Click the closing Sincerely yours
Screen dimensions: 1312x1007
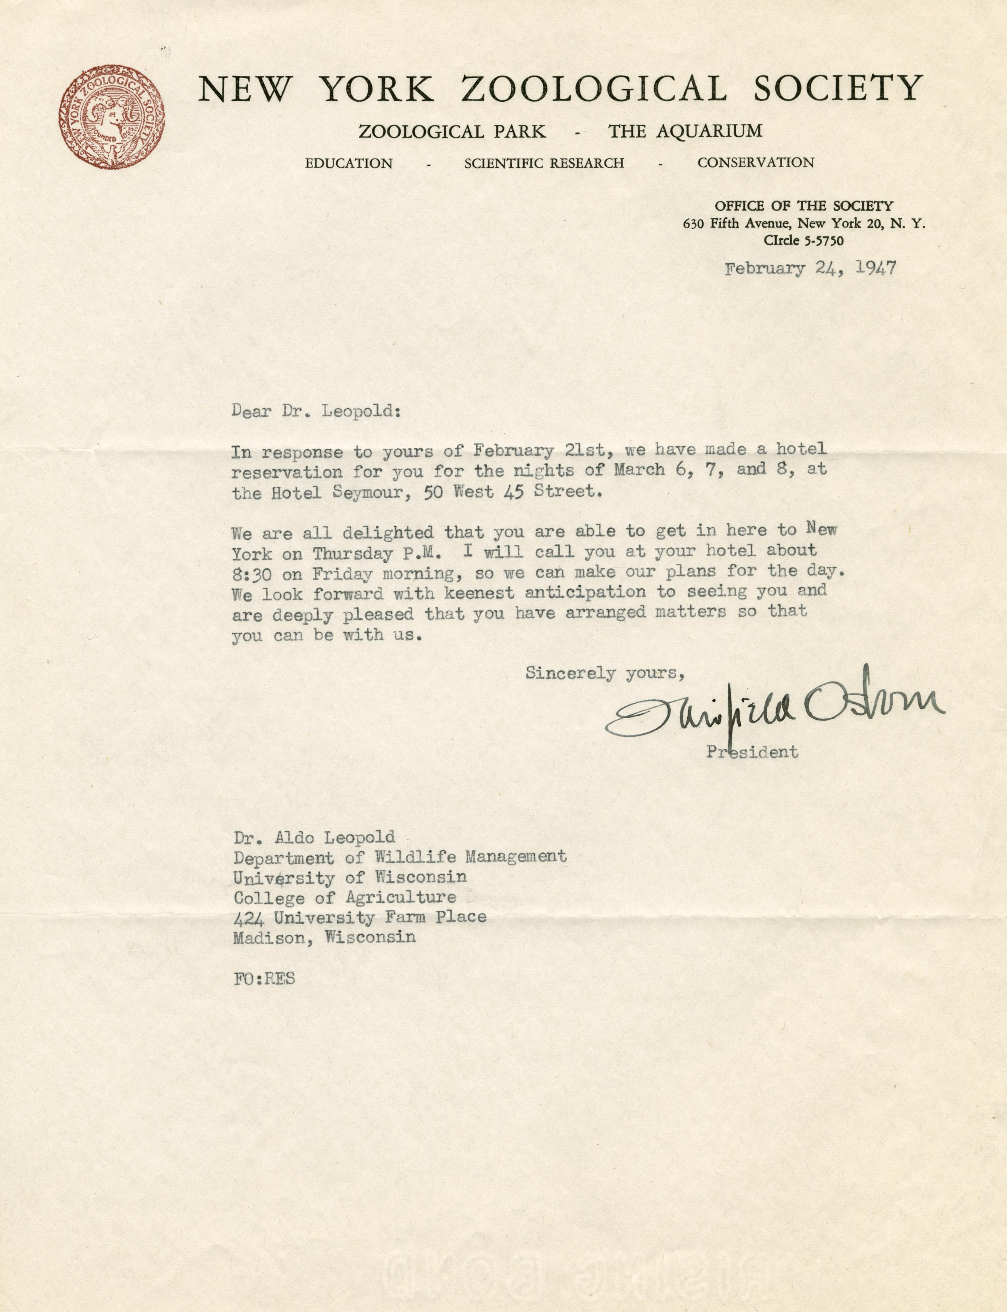click(x=605, y=673)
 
